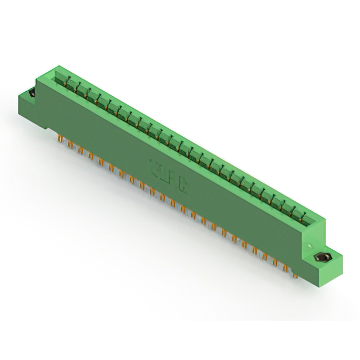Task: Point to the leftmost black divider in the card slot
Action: coord(70,84)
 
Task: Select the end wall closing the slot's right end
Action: coord(318,222)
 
